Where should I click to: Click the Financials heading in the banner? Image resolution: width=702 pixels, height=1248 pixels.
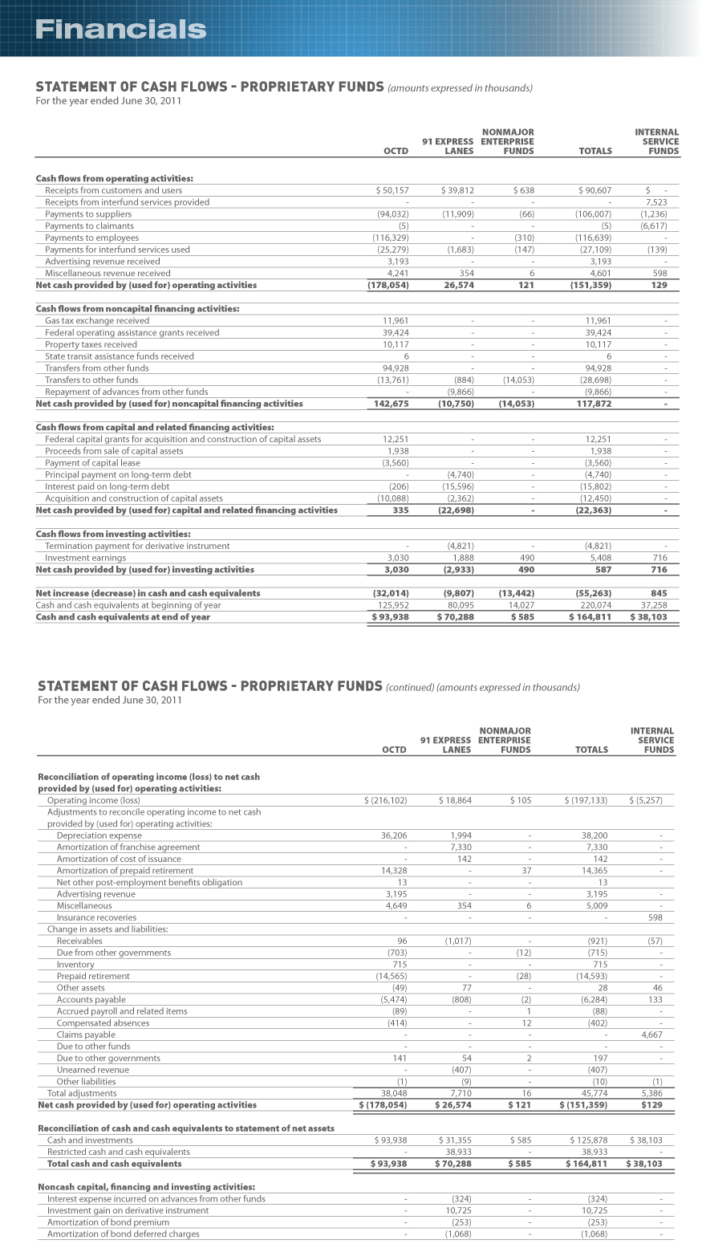121,30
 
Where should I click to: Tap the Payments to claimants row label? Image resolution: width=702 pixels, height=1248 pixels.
90,226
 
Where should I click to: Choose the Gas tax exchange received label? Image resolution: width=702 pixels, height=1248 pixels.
97,320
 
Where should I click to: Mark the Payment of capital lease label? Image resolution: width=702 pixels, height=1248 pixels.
92,462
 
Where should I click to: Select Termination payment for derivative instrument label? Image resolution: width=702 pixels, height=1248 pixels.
137,546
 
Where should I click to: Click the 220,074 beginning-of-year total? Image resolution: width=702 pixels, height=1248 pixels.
594,605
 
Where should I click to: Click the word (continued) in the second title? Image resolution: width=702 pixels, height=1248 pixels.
409,687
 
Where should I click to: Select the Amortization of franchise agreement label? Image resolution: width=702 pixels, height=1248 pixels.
128,847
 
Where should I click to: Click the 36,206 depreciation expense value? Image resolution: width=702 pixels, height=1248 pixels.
394,835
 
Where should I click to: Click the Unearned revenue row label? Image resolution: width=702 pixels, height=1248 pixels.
92,1070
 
